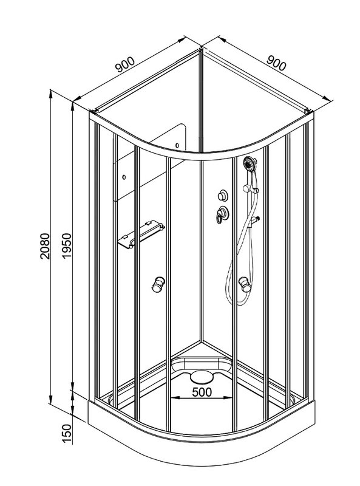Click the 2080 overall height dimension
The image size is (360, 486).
45,246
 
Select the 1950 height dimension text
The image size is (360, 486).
66,246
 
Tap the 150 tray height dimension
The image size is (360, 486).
66,433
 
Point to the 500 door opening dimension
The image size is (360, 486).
202,392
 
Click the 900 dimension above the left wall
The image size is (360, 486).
125,64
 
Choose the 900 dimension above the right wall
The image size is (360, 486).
276,63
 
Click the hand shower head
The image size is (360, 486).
250,163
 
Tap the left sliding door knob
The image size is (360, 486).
158,284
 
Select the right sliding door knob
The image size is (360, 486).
245,284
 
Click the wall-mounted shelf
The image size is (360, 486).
141,234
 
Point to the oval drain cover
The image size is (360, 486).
202,377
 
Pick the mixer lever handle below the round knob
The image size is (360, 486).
222,214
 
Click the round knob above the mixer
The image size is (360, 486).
222,196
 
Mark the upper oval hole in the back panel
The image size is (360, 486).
177,145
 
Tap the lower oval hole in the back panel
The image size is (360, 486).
124,177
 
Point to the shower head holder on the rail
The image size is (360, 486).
251,189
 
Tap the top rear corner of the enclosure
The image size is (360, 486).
202,49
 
